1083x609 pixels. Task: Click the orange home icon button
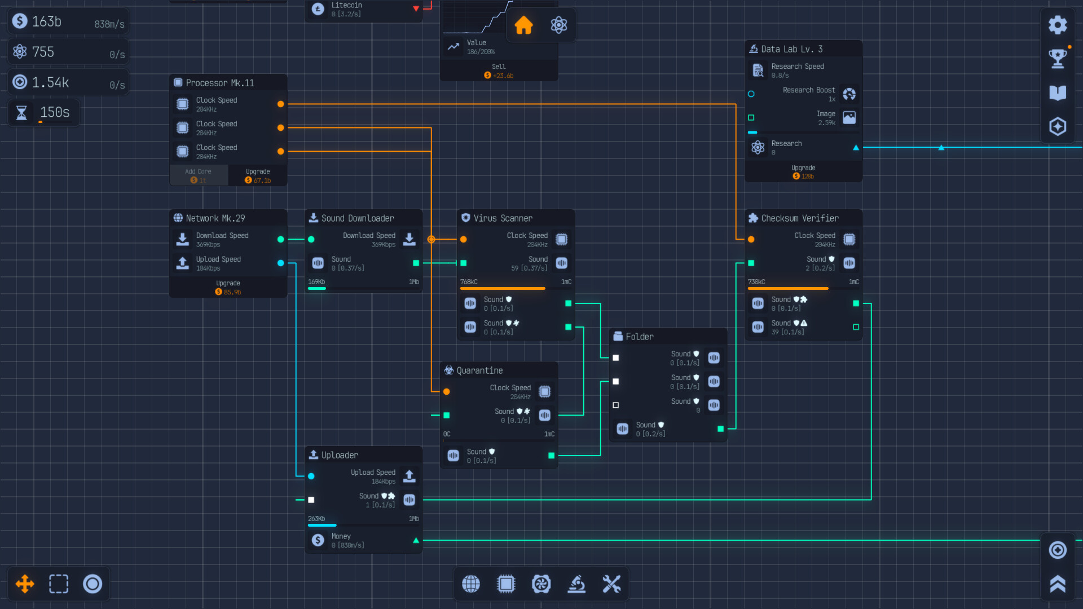click(523, 25)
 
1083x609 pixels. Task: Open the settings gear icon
click(1058, 25)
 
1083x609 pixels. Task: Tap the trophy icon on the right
click(1058, 58)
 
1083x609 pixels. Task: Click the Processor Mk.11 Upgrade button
click(258, 175)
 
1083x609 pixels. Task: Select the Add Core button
click(199, 175)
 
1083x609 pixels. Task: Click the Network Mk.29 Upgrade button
click(228, 288)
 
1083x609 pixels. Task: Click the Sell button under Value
click(499, 70)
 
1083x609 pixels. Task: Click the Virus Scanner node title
click(503, 218)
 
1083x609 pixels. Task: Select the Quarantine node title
click(479, 370)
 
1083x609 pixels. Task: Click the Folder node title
click(640, 337)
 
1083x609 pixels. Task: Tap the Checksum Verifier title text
click(799, 218)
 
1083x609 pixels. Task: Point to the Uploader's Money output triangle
click(416, 540)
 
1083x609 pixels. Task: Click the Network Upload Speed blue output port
click(280, 263)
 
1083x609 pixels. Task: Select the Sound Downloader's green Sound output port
click(416, 263)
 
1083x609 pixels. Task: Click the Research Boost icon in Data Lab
click(849, 94)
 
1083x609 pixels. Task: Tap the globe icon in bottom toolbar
click(471, 584)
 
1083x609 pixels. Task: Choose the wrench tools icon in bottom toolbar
click(611, 584)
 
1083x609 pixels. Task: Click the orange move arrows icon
click(25, 584)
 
